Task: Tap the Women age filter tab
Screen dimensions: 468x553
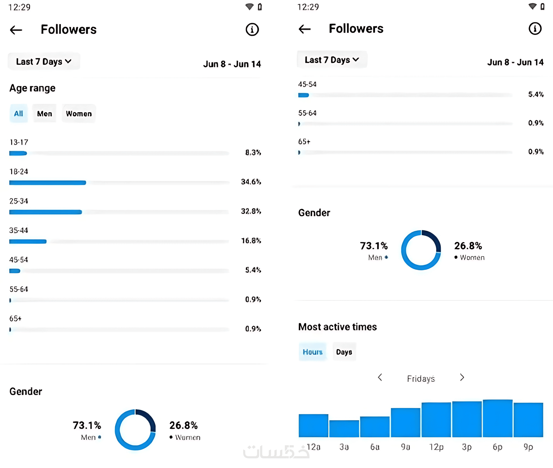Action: pyautogui.click(x=79, y=114)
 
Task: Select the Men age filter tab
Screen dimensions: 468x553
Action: pyautogui.click(x=44, y=114)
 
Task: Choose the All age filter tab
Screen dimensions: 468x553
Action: pyautogui.click(x=19, y=114)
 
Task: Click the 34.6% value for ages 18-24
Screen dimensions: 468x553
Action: pyautogui.click(x=251, y=182)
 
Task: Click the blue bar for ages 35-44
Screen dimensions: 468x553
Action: pyautogui.click(x=28, y=241)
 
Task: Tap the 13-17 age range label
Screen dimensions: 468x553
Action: pyautogui.click(x=19, y=142)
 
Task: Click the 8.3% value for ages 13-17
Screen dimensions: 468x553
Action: pyautogui.click(x=253, y=152)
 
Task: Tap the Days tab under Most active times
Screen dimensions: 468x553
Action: pyautogui.click(x=344, y=352)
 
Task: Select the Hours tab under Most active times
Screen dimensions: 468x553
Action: pyautogui.click(x=313, y=352)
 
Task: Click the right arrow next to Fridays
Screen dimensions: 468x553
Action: pyautogui.click(x=462, y=377)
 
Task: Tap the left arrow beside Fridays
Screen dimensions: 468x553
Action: pyautogui.click(x=380, y=377)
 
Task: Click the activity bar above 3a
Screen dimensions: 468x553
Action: pyautogui.click(x=344, y=428)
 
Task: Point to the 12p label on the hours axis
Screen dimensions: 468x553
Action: pyautogui.click(x=436, y=447)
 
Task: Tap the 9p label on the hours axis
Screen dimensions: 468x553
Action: pyautogui.click(x=528, y=447)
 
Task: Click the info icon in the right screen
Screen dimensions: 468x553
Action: pyautogui.click(x=535, y=29)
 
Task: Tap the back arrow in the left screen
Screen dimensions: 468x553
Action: pyautogui.click(x=16, y=30)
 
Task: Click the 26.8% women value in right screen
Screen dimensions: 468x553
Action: pyautogui.click(x=468, y=246)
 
